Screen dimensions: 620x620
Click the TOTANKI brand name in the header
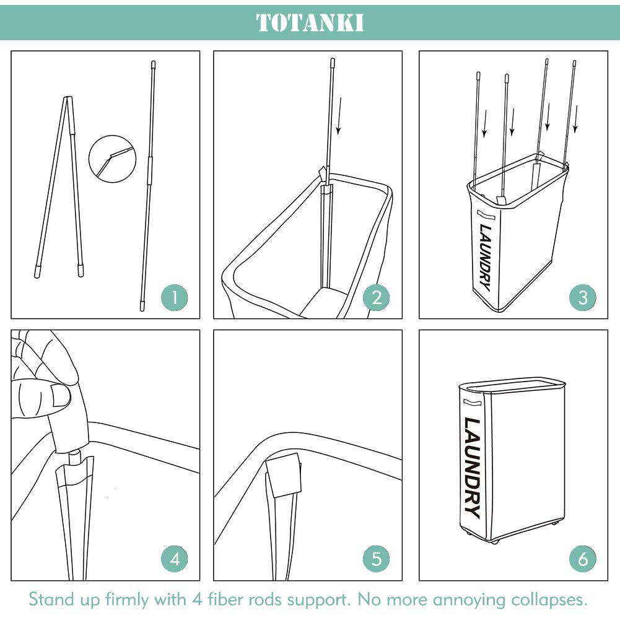(x=310, y=22)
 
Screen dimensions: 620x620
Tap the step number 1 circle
(x=175, y=297)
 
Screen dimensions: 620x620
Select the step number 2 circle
(x=377, y=297)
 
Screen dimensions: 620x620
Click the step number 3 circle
(x=582, y=297)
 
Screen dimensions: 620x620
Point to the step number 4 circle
(x=175, y=559)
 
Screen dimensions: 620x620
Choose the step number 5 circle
(x=377, y=559)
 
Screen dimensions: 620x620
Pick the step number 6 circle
(x=582, y=559)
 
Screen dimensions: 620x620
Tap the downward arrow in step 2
(x=339, y=116)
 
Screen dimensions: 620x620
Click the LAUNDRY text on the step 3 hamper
(x=485, y=258)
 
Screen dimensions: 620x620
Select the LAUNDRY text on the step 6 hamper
(x=473, y=468)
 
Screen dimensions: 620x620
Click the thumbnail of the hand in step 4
(x=61, y=396)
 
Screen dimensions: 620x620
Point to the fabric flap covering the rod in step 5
(x=283, y=475)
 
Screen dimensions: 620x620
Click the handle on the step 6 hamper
(x=473, y=403)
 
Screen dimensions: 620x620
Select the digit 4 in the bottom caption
(x=197, y=600)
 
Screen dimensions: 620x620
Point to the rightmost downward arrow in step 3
(x=575, y=119)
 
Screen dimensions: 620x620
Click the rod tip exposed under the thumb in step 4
(x=76, y=457)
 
